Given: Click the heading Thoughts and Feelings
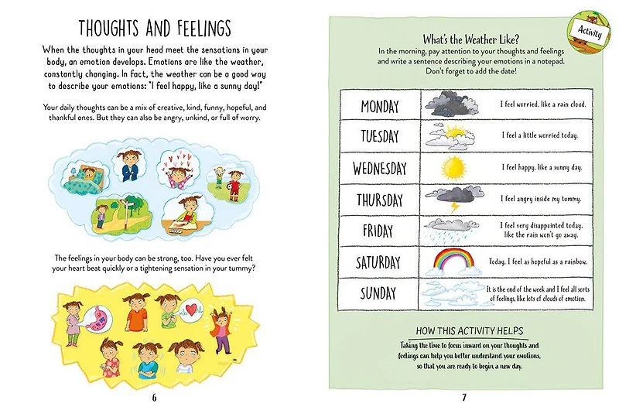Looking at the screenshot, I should (x=154, y=29).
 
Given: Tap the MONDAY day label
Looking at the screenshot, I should (x=379, y=105).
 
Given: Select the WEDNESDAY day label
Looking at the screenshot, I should (x=379, y=168).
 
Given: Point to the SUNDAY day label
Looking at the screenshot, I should (x=379, y=293).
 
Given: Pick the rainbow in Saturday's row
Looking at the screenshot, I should (x=454, y=262).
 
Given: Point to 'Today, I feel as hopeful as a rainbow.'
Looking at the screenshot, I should (x=542, y=262).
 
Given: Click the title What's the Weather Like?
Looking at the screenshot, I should (x=470, y=39).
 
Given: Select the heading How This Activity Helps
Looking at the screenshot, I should (x=470, y=329).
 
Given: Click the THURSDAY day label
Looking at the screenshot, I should (x=379, y=200).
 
